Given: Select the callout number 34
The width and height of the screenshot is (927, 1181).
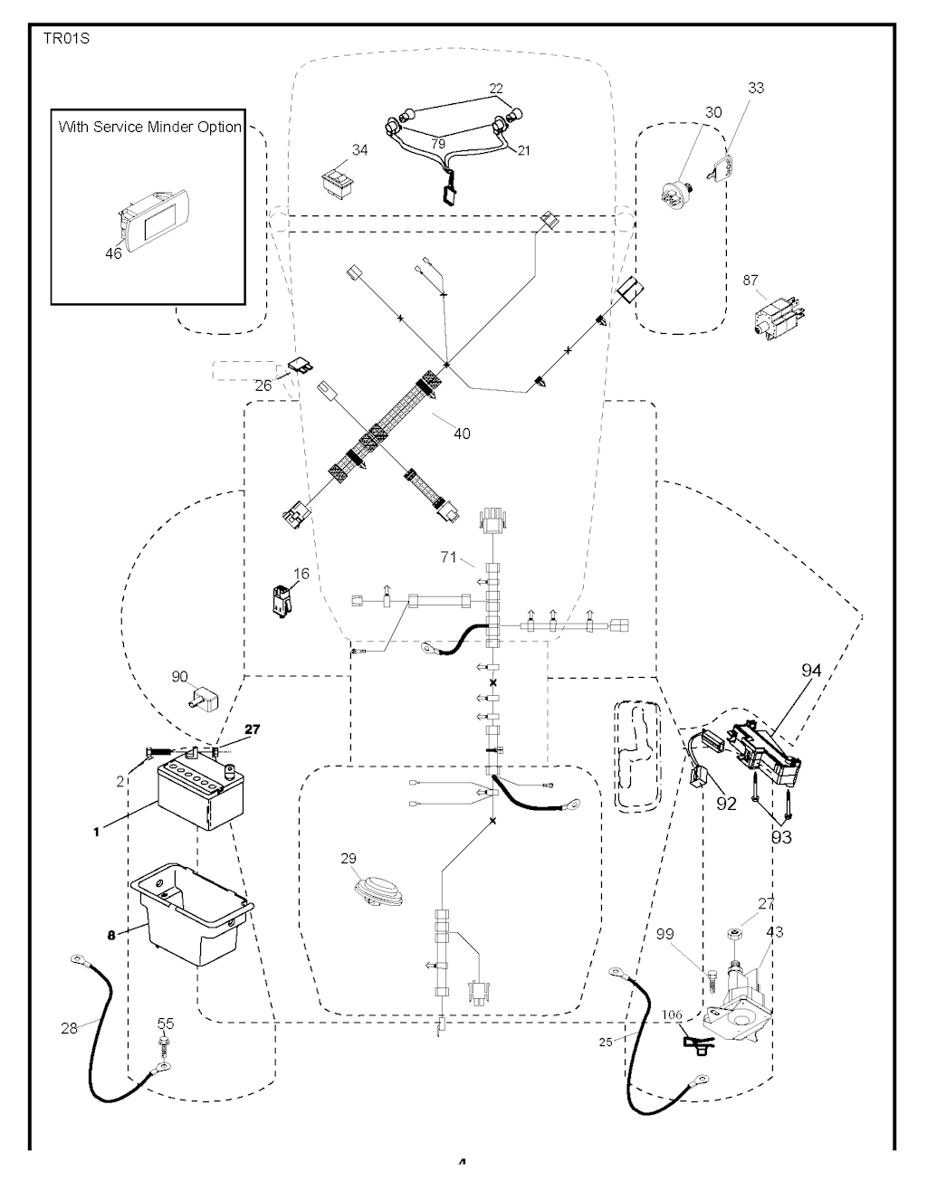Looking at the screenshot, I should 359,149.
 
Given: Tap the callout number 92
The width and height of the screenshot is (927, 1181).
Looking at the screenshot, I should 726,804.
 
